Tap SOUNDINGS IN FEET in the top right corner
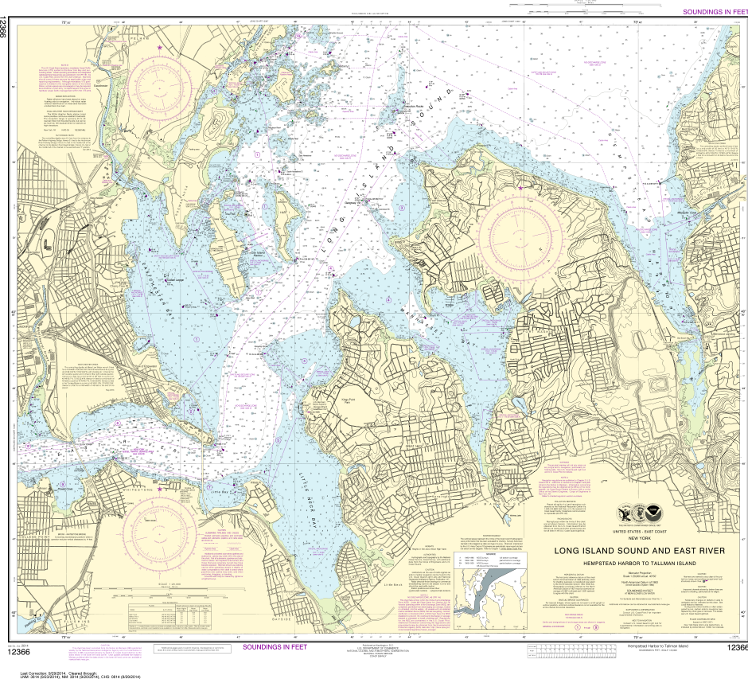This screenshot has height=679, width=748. point(715,12)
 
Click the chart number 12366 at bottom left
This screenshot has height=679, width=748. point(18,653)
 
